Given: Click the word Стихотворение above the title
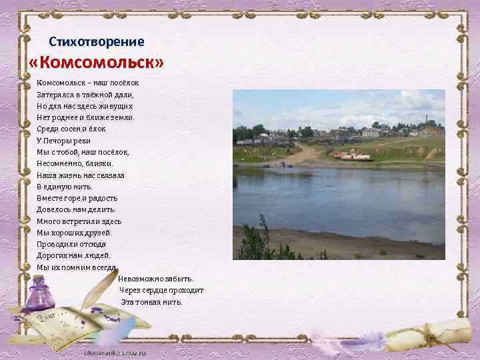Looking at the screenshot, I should click(96, 42).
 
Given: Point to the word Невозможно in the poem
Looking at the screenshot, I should click(139, 279).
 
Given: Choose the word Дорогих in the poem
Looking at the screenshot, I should click(52, 255).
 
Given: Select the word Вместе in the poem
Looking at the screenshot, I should click(49, 198).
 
